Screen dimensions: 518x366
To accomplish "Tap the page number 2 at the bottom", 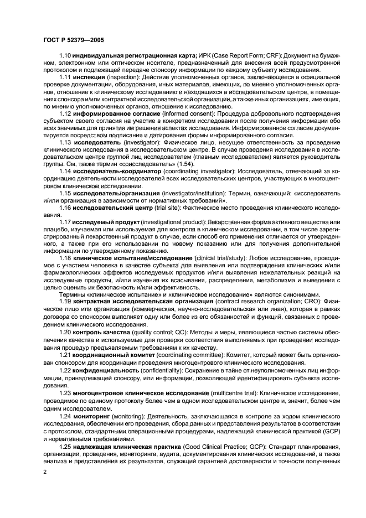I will click(44, 472).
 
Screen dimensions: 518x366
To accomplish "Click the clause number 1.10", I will click(65, 55).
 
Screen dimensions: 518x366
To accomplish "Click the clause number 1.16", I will click(65, 208).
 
